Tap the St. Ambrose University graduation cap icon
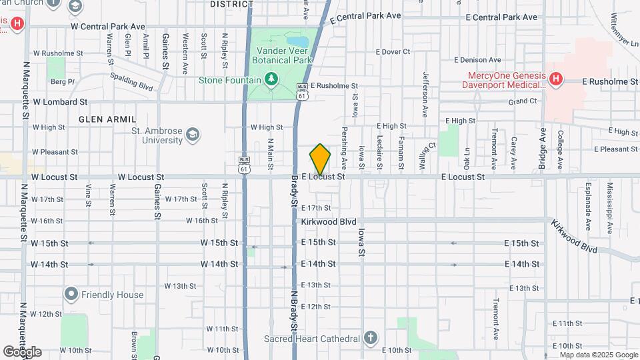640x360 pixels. [193, 135]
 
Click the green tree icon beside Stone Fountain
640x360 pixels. [271, 80]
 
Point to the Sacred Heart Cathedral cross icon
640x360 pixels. [371, 338]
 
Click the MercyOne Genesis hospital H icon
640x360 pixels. [555, 81]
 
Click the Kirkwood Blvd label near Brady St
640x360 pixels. [328, 221]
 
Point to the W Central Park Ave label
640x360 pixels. [107, 26]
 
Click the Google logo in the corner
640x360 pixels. [22, 351]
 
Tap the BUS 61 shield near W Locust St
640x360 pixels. [245, 165]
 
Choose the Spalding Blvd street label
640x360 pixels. [132, 81]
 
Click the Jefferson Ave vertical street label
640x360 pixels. [424, 87]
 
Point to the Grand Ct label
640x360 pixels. [522, 101]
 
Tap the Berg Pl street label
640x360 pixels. [62, 81]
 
